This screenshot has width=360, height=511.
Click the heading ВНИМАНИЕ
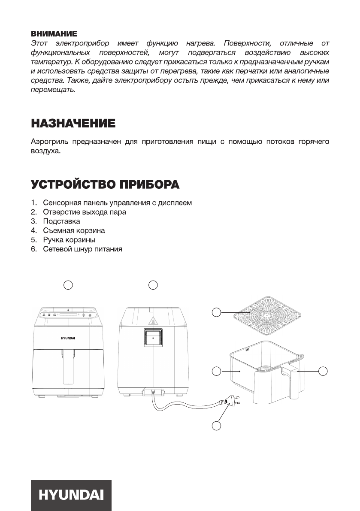coord(54,33)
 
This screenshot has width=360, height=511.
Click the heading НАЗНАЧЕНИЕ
coord(73,124)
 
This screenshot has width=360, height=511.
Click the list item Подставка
coord(61,221)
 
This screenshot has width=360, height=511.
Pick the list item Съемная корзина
coord(74,230)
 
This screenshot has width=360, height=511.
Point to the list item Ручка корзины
coord(69,239)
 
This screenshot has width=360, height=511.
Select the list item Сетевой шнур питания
coord(82,249)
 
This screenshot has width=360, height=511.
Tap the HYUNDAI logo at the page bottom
coord(71,495)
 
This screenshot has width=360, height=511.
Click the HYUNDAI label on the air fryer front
coord(67,338)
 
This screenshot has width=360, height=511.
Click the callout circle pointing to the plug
coord(217,425)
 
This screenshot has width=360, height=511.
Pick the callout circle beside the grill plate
coord(217,312)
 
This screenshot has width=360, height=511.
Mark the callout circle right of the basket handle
coord(323,370)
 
